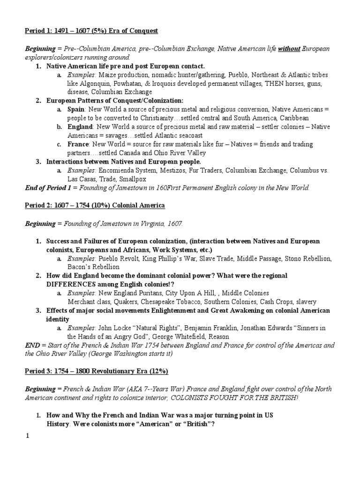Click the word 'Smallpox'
[132, 179]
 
